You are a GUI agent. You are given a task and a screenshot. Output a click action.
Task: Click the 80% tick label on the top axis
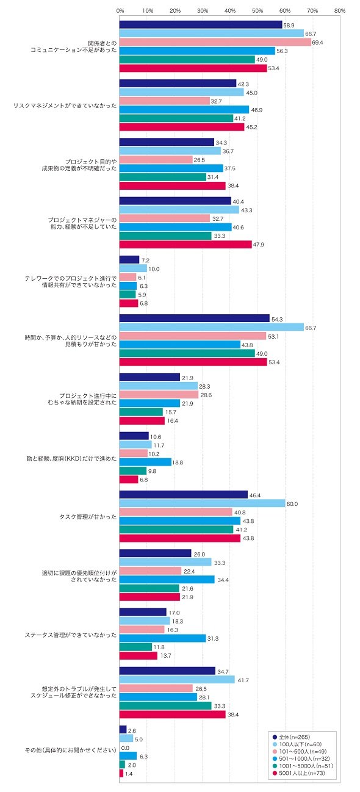pyautogui.click(x=339, y=11)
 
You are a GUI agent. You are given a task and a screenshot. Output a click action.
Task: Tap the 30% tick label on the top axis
pyautogui.click(x=203, y=11)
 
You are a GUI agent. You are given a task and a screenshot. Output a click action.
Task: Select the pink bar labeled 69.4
pyautogui.click(x=215, y=42)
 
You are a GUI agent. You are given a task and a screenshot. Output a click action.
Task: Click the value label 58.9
pyautogui.click(x=289, y=25)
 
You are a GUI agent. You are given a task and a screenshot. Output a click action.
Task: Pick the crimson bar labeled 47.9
pyautogui.click(x=185, y=244)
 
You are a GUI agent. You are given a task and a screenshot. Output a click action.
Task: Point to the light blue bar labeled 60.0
pyautogui.click(x=203, y=503)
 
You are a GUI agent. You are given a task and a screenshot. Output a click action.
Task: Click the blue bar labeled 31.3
pyautogui.click(x=163, y=638)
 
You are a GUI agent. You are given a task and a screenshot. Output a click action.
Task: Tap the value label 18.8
pyautogui.click(x=178, y=463)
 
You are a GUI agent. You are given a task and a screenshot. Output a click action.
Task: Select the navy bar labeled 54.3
pyautogui.click(x=195, y=319)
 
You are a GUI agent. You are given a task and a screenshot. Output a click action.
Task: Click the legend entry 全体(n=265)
pyautogui.click(x=291, y=737)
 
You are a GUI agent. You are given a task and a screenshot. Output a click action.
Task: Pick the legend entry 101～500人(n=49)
pyautogui.click(x=299, y=751)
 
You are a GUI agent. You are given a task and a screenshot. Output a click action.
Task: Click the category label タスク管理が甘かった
pyautogui.click(x=88, y=517)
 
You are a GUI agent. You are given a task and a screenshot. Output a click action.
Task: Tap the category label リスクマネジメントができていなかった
pyautogui.click(x=65, y=106)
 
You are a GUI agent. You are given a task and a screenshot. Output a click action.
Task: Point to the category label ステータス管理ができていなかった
pyautogui.click(x=70, y=635)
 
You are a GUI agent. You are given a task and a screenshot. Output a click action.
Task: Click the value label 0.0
pyautogui.click(x=125, y=748)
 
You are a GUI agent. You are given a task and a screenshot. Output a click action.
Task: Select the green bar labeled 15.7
pyautogui.click(x=141, y=412)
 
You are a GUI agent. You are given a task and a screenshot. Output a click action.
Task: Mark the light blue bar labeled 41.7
pyautogui.click(x=177, y=680)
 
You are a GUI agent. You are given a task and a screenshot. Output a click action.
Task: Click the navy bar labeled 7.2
pyautogui.click(x=129, y=259)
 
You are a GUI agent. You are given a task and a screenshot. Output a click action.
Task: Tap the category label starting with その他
pyautogui.click(x=70, y=752)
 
